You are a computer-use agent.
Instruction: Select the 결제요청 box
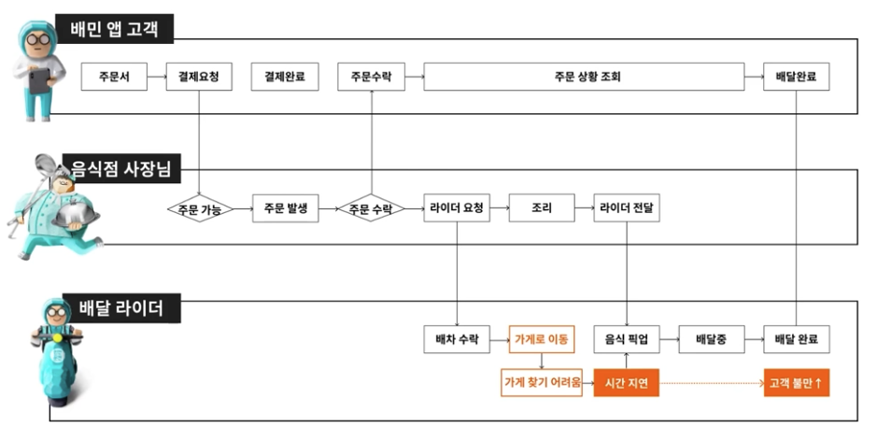[x=199, y=77]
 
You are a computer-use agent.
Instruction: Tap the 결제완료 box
[x=285, y=77]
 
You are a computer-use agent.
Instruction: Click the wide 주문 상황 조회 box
[x=584, y=77]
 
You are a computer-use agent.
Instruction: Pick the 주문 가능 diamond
[x=199, y=208]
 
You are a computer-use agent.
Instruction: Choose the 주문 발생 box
[x=285, y=208]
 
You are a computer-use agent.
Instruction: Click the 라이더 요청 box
[x=457, y=208]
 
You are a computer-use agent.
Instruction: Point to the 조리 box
[x=542, y=208]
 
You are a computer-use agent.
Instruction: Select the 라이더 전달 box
[x=627, y=208]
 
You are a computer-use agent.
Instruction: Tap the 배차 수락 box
[x=457, y=339]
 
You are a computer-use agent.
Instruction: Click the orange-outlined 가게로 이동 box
[x=542, y=339]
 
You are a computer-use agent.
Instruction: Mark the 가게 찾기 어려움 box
[x=542, y=383]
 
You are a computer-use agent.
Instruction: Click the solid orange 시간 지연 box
[x=627, y=383]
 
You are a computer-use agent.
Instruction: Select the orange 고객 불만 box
[x=797, y=383]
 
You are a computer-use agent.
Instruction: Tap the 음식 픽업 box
[x=627, y=339]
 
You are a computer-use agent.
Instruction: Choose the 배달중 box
[x=711, y=339]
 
